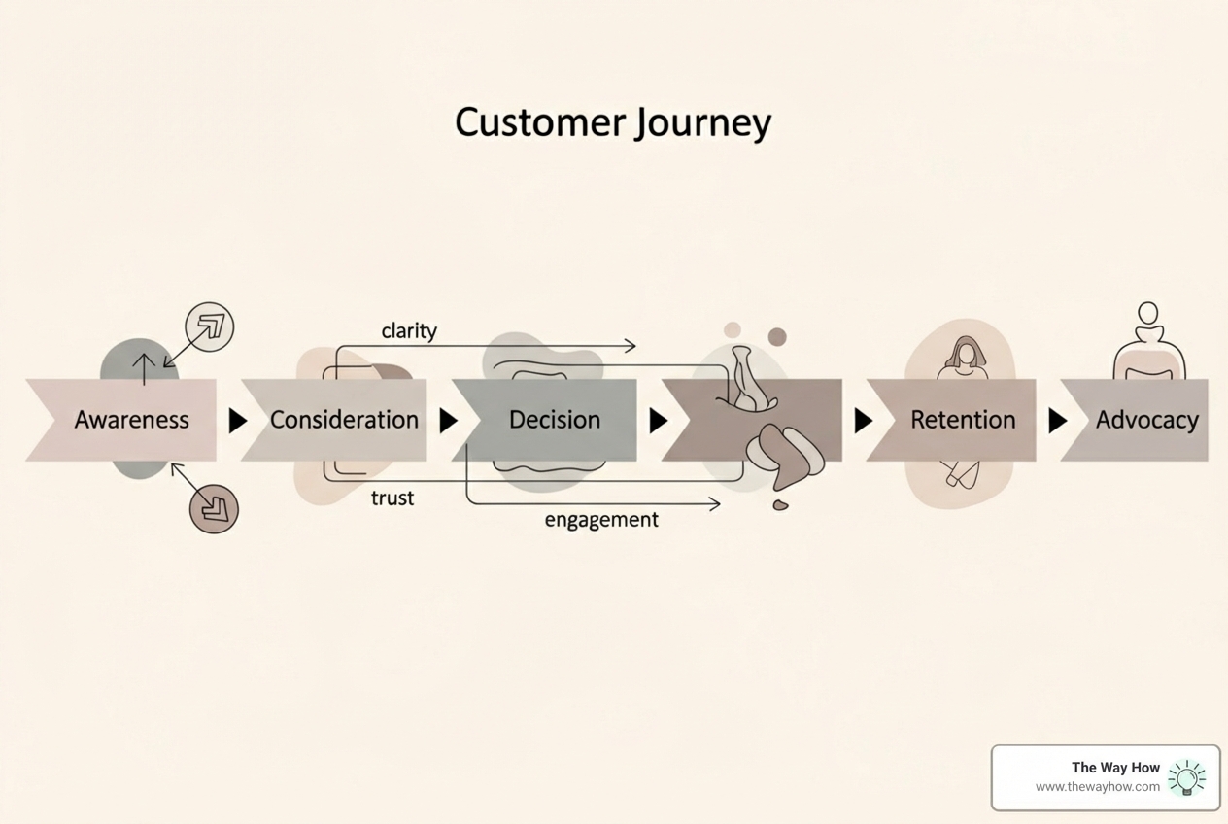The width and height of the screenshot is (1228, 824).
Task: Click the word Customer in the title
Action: click(540, 123)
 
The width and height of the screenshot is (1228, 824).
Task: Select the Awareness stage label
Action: click(131, 420)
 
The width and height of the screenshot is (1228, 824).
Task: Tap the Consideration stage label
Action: click(344, 420)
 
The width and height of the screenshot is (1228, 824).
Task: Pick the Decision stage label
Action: click(555, 420)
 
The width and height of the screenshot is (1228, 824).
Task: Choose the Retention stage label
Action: click(962, 420)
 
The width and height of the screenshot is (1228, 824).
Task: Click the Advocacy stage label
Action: click(1146, 420)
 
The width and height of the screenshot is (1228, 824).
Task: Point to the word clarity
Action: click(409, 331)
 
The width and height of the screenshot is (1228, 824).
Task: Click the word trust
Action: click(392, 498)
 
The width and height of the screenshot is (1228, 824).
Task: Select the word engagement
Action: click(601, 520)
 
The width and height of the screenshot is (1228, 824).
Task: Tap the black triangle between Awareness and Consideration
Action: click(237, 421)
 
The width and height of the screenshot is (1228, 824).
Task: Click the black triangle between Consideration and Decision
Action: click(448, 421)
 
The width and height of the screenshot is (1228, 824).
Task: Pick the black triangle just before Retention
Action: click(863, 421)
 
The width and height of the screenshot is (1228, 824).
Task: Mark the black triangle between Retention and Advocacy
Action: click(1058, 421)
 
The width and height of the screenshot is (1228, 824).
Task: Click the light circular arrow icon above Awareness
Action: click(210, 326)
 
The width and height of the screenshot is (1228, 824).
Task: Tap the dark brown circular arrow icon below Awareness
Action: click(214, 508)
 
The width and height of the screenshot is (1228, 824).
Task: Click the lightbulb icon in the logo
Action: click(1186, 777)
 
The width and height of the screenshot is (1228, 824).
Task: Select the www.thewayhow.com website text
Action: click(1097, 787)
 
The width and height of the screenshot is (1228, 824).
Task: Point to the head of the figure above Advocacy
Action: click(1148, 313)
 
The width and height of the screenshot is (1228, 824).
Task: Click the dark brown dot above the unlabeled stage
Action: click(777, 337)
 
